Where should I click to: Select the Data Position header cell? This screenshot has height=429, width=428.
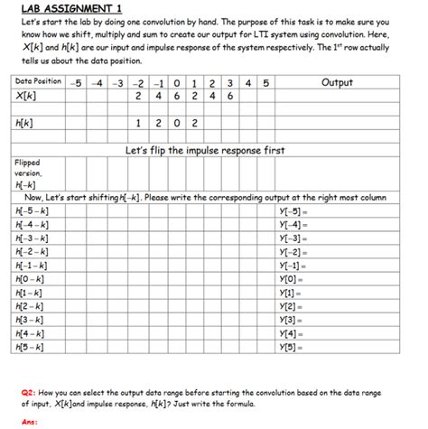[39, 81]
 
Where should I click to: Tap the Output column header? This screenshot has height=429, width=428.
[337, 82]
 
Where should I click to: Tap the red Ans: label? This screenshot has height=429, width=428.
[30, 420]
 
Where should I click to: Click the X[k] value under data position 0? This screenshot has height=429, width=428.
[176, 95]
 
